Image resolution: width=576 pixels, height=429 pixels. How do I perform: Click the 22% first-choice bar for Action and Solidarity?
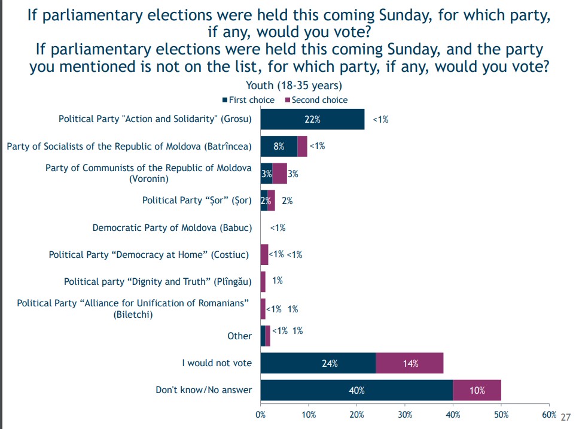tap(313, 119)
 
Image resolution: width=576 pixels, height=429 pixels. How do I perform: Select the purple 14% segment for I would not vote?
tap(410, 363)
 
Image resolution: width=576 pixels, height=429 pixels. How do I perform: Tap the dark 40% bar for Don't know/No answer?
tap(356, 390)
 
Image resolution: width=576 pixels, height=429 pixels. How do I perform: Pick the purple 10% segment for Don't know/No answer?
tap(477, 390)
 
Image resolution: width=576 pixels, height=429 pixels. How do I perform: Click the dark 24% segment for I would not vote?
tap(318, 363)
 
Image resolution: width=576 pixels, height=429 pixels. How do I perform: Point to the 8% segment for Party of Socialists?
tap(279, 147)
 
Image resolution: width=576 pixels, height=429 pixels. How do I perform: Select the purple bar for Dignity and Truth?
tap(263, 282)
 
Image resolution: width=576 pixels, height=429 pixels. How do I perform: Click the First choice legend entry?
tap(248, 100)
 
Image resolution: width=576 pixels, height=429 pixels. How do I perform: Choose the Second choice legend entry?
tap(316, 100)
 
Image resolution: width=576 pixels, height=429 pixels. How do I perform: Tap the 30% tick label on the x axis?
tap(405, 415)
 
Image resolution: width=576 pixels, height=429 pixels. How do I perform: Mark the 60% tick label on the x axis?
tap(549, 415)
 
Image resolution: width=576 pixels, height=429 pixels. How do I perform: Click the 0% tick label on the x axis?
tap(260, 415)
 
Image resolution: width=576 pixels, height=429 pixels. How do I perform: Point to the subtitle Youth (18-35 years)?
tap(294, 86)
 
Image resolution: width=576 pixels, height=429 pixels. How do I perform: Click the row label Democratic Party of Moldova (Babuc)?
tap(172, 228)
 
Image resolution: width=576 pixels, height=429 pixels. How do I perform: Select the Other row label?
tap(239, 336)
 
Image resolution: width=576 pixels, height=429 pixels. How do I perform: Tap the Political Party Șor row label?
tap(197, 200)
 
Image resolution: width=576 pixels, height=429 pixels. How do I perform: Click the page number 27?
tap(566, 417)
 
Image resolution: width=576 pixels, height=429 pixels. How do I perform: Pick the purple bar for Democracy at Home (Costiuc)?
tap(264, 254)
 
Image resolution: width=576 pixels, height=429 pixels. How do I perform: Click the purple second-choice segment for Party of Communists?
tap(279, 174)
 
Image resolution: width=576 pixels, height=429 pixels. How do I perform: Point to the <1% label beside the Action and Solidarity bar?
tap(380, 120)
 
